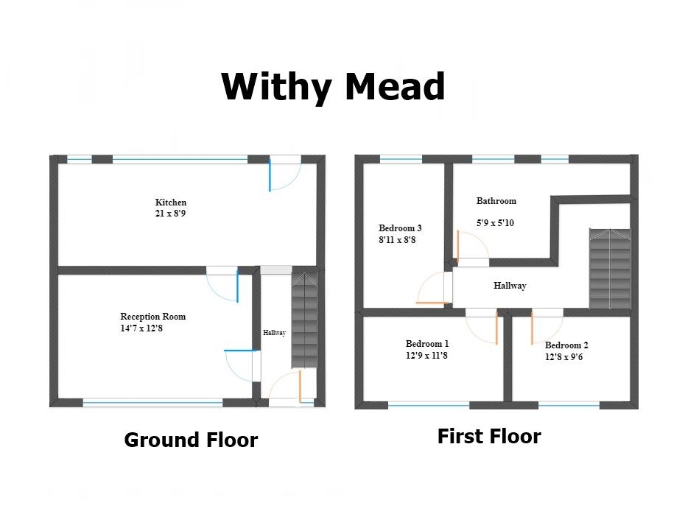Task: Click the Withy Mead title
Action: pos(333,88)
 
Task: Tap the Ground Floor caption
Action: pos(191,440)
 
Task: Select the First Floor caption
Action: pos(489,437)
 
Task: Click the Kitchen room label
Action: pos(171,203)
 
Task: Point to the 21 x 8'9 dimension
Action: pos(171,214)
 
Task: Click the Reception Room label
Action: pos(153,317)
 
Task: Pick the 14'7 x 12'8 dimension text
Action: pos(142,328)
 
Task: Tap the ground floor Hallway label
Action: pos(274,334)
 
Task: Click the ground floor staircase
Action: pos(303,320)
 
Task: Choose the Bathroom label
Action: pos(496,201)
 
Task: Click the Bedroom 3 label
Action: pos(400,228)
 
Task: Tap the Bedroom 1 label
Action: pos(427,344)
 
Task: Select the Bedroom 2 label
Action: pos(566,345)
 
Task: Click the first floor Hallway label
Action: pos(510,286)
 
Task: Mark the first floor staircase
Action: pos(610,268)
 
